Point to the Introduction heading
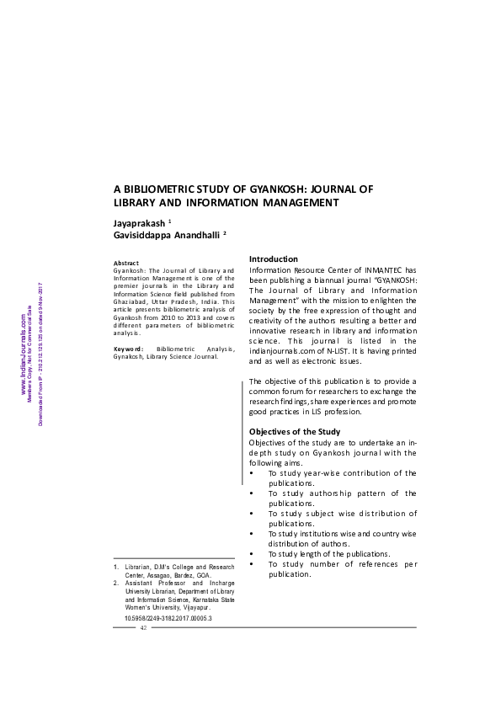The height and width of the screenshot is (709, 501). [274, 259]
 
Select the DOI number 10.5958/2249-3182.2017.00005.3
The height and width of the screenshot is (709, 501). [168, 618]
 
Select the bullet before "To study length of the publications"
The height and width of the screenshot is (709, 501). [253, 553]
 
